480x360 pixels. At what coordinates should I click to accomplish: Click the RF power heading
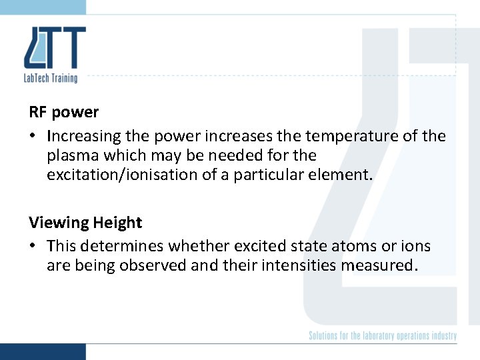click(64, 112)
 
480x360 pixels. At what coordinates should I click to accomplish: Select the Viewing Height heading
click(85, 223)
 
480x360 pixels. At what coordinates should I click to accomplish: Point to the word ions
click(415, 247)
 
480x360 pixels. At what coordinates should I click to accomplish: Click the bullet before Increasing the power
click(33, 137)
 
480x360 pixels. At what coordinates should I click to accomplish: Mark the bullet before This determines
click(33, 247)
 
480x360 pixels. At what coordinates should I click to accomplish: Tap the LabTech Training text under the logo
click(51, 78)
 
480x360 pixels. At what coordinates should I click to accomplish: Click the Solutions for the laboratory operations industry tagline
click(383, 335)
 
